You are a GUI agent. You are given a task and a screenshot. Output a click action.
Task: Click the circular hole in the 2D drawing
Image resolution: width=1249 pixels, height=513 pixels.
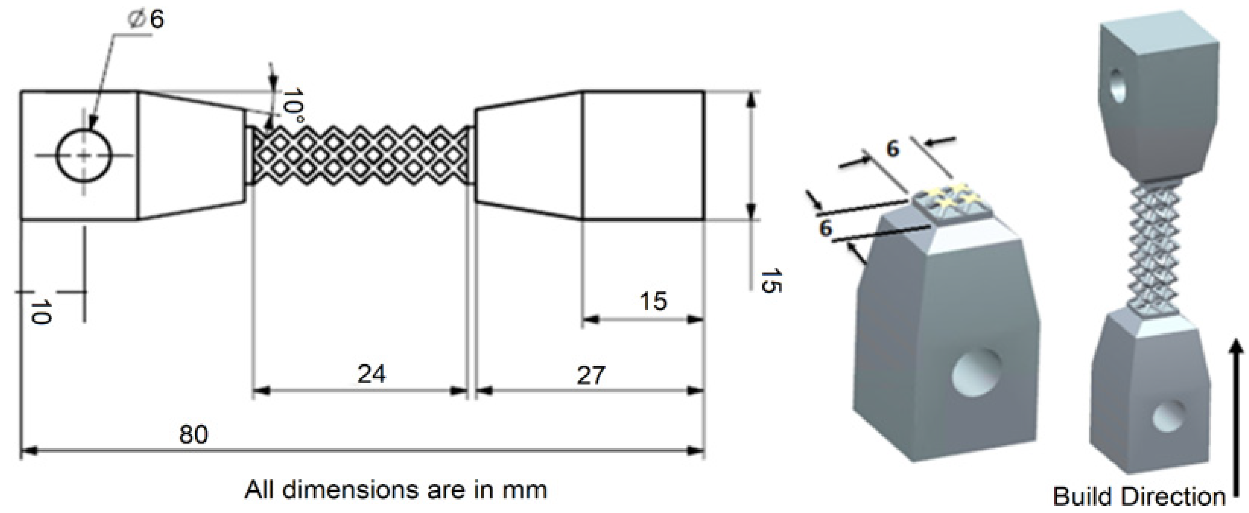coord(85,156)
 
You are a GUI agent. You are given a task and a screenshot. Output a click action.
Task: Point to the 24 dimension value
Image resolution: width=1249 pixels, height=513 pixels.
coord(371,374)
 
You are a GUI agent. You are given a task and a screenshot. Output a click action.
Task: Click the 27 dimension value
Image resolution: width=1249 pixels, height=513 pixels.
coord(591,375)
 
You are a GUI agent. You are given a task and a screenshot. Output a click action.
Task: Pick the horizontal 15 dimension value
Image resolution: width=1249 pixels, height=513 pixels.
coord(653,301)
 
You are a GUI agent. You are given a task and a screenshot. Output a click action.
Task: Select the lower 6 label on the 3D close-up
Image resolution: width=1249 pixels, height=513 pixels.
coord(825,227)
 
